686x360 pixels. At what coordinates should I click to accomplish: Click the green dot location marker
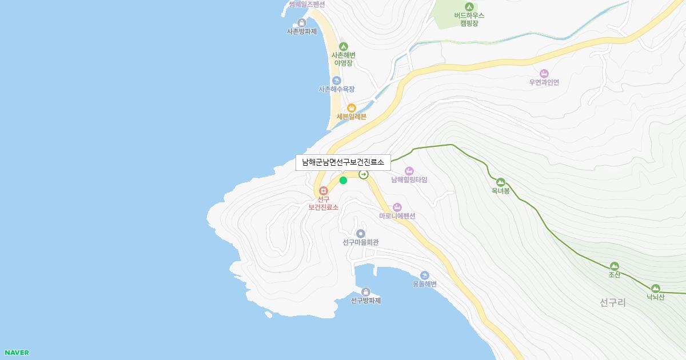343,181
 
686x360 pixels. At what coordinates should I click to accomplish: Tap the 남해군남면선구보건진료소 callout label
343,162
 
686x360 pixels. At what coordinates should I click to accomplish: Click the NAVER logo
17,353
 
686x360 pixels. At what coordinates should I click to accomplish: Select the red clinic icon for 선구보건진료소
324,190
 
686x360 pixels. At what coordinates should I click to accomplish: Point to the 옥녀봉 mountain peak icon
501,182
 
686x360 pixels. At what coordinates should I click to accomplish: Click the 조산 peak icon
614,266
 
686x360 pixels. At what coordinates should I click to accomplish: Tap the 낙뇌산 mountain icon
655,288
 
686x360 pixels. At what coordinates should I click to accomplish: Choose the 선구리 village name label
613,303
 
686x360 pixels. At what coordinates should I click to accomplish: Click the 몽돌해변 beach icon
424,275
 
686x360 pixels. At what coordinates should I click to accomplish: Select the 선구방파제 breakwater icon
366,292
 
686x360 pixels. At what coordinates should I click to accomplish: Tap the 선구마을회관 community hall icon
361,234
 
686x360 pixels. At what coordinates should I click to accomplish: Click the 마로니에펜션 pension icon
397,207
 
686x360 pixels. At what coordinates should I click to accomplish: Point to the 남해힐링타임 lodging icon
409,171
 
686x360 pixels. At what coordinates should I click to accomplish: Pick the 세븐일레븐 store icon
351,107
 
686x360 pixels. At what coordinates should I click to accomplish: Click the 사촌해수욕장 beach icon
337,81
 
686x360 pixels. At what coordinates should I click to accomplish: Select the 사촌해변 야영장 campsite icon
344,46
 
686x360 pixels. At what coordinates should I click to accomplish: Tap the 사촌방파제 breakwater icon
302,23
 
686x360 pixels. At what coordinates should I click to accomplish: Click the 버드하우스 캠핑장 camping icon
469,6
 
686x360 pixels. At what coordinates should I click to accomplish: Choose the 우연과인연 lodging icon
544,73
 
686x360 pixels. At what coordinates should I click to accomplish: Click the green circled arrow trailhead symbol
364,174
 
